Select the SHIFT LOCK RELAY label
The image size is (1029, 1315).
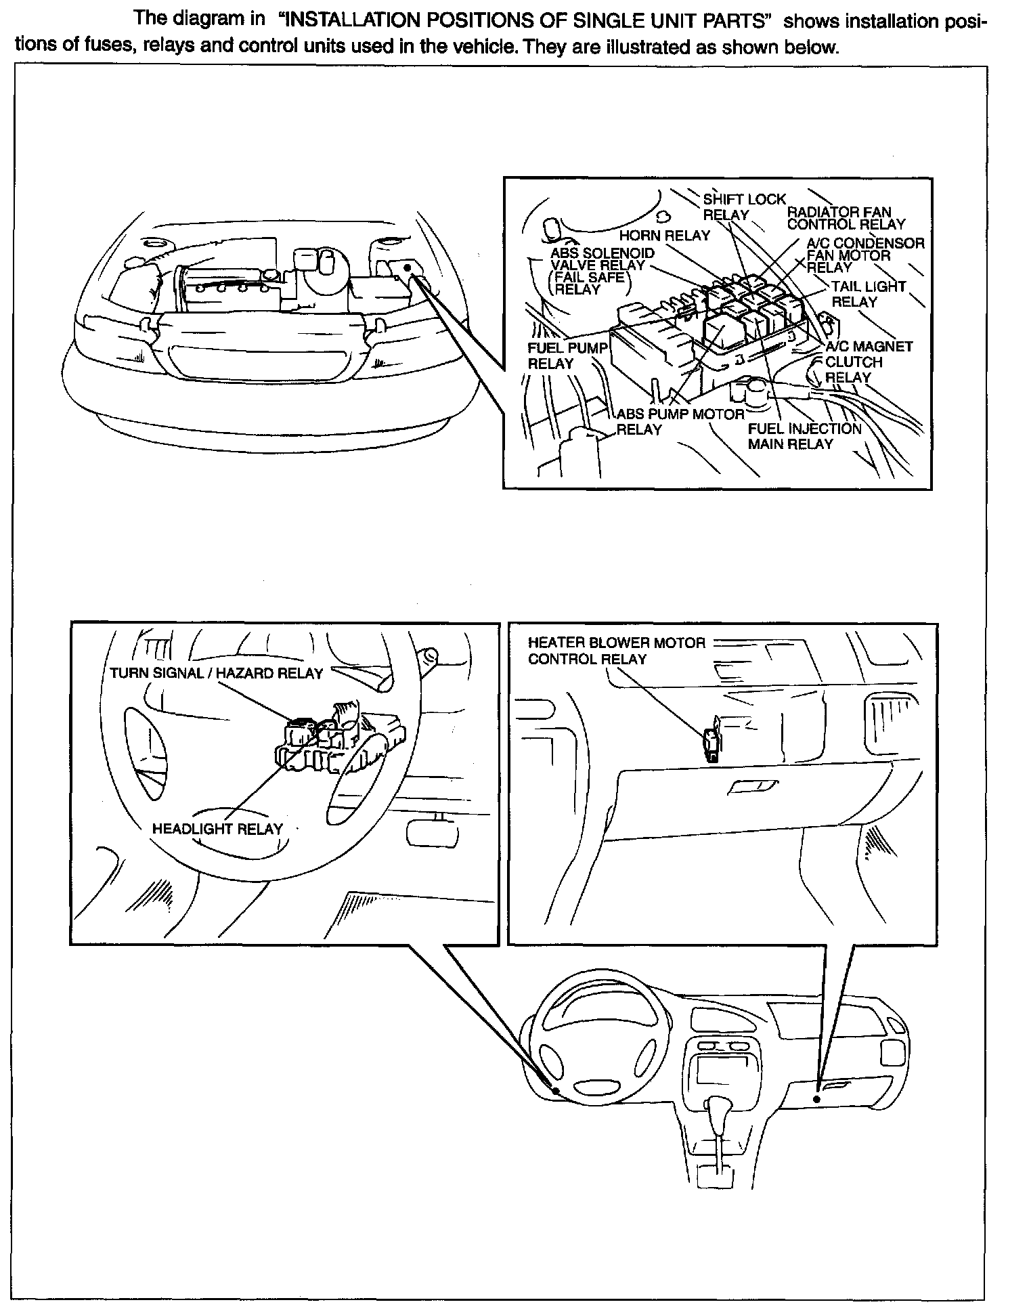pyautogui.click(x=743, y=207)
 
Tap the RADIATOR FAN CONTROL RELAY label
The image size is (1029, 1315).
pyautogui.click(x=846, y=218)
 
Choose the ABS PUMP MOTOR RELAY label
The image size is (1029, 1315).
pyautogui.click(x=680, y=421)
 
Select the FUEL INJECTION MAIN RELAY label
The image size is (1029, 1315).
pyautogui.click(x=804, y=436)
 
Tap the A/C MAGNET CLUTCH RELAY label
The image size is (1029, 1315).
pyautogui.click(x=868, y=362)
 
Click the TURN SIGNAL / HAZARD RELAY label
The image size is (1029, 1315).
pyautogui.click(x=216, y=673)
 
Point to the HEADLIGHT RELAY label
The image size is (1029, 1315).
pyautogui.click(x=217, y=829)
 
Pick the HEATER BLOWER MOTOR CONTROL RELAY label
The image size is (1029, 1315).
pyautogui.click(x=616, y=650)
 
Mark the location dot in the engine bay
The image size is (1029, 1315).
pyautogui.click(x=408, y=269)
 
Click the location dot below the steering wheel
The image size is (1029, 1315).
pyautogui.click(x=556, y=1092)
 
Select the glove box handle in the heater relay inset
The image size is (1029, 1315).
pyautogui.click(x=752, y=786)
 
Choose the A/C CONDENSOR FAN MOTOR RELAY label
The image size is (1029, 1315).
pyautogui.click(x=864, y=255)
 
